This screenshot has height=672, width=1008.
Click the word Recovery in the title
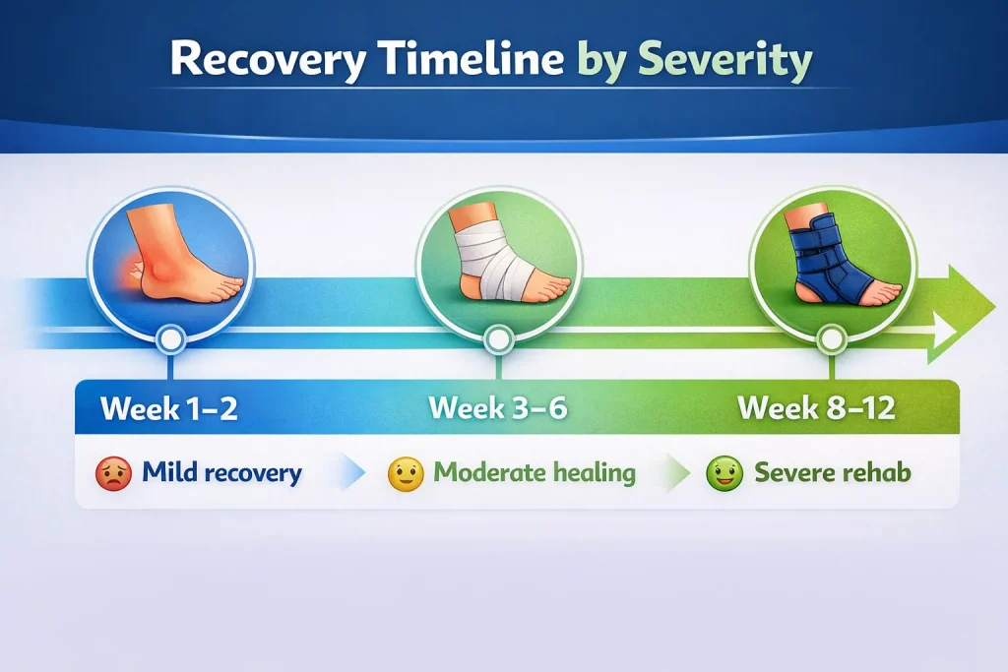[268, 60]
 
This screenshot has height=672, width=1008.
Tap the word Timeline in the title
[472, 58]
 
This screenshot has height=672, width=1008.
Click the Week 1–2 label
[169, 408]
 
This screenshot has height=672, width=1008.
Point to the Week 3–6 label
[498, 408]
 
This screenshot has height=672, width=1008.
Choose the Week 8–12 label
[816, 408]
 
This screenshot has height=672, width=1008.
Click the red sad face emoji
[114, 474]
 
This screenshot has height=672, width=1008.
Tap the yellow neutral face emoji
[406, 474]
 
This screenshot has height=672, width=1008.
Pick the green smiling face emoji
[724, 474]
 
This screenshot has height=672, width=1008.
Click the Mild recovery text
[221, 473]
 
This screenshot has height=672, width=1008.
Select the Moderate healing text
[535, 473]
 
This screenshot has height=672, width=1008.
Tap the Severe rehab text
[833, 473]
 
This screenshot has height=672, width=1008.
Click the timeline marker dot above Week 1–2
[170, 339]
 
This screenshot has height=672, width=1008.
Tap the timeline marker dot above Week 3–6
[498, 339]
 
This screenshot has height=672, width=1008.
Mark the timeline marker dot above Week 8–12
[831, 339]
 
